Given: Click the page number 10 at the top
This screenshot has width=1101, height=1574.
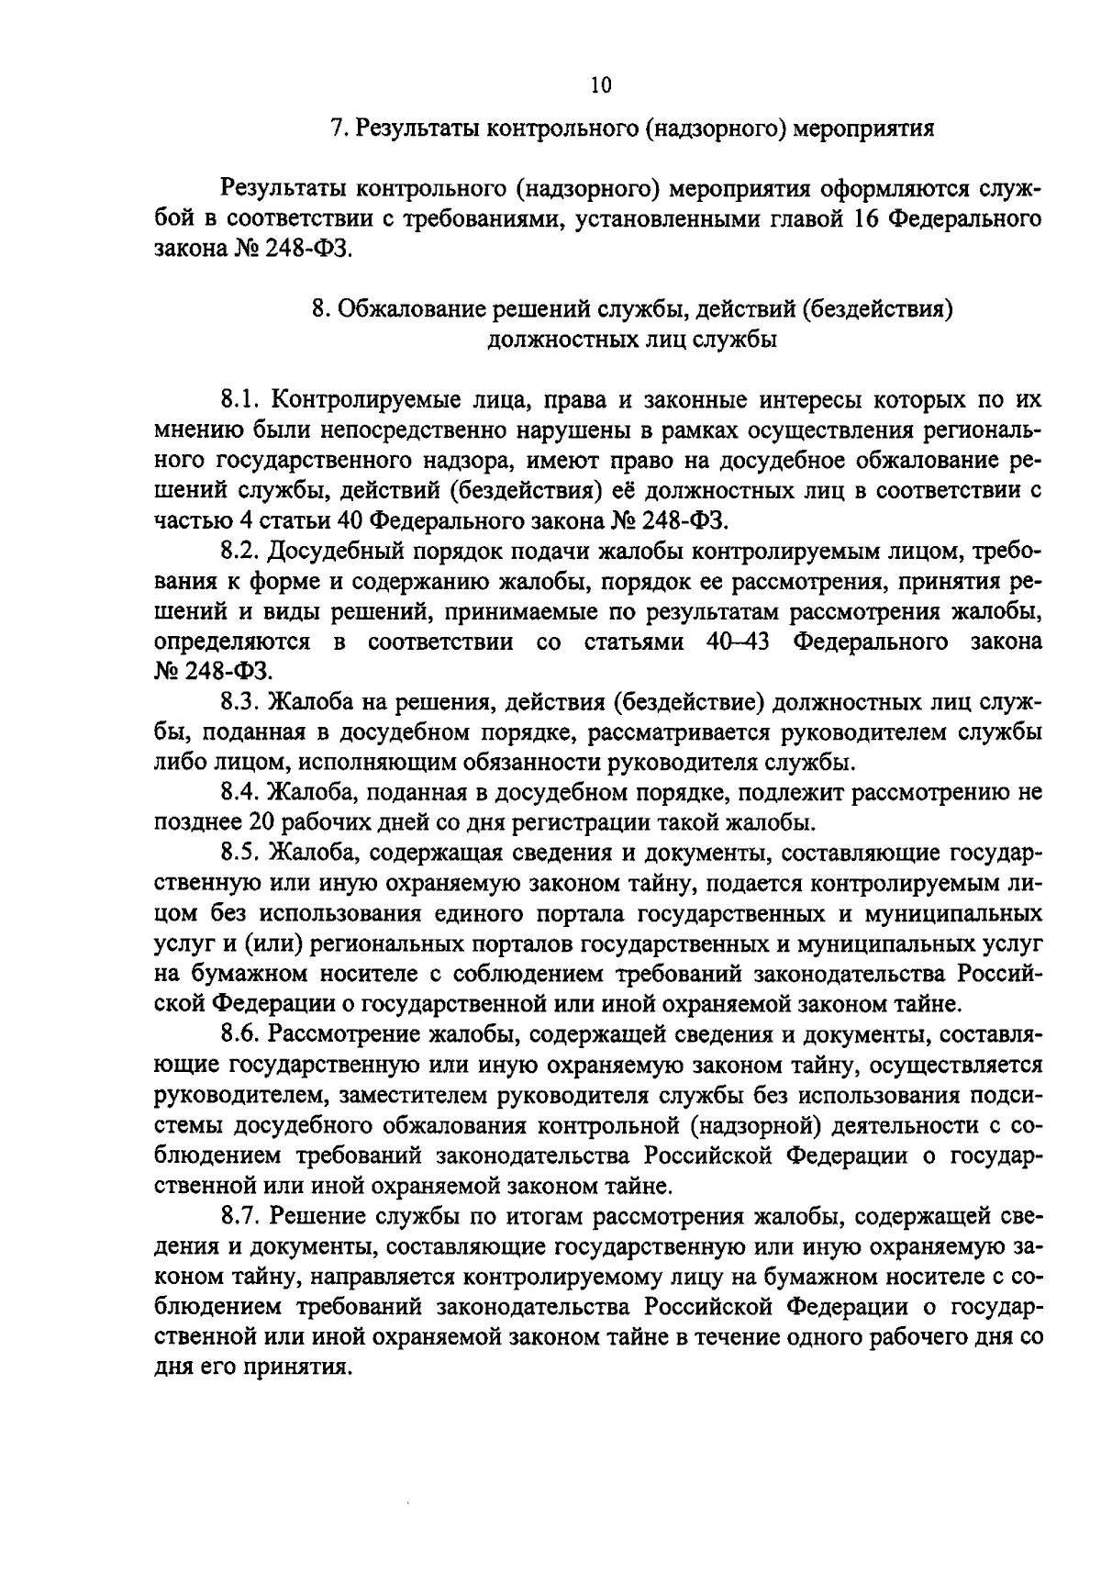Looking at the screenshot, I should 600,85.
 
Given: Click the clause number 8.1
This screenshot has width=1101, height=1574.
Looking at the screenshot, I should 242,400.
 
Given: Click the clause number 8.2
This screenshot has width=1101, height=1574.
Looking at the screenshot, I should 243,551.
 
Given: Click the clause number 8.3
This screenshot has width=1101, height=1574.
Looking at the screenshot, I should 243,702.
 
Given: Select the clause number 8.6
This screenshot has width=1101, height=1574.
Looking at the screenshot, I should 243,1034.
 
